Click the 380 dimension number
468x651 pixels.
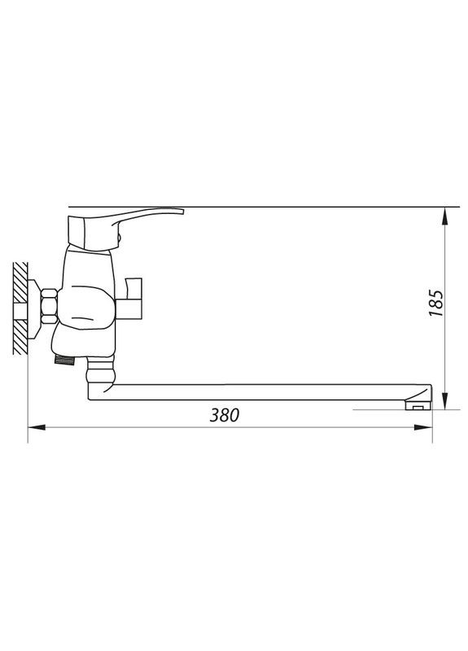pos(225,415)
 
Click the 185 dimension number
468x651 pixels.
pos(436,303)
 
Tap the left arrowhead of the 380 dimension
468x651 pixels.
pos(37,427)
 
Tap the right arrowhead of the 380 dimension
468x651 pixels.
pos(423,427)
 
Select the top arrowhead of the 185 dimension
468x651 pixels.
pos(444,216)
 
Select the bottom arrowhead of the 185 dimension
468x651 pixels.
pos(444,400)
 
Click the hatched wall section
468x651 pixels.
pos(20,308)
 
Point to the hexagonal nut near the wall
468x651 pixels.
pos(49,307)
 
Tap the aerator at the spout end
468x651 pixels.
pos(418,405)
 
